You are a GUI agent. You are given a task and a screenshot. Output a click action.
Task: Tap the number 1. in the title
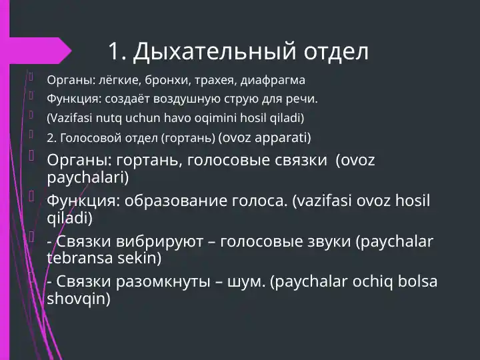(x=117, y=51)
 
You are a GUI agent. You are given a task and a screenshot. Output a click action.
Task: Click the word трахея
(x=210, y=81)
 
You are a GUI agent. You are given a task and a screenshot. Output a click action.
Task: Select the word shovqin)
(x=79, y=299)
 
